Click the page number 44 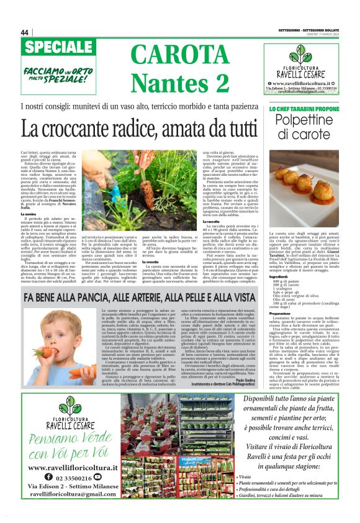point(25,32)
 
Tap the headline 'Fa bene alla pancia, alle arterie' point(134,298)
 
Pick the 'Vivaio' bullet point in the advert point(248,476)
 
